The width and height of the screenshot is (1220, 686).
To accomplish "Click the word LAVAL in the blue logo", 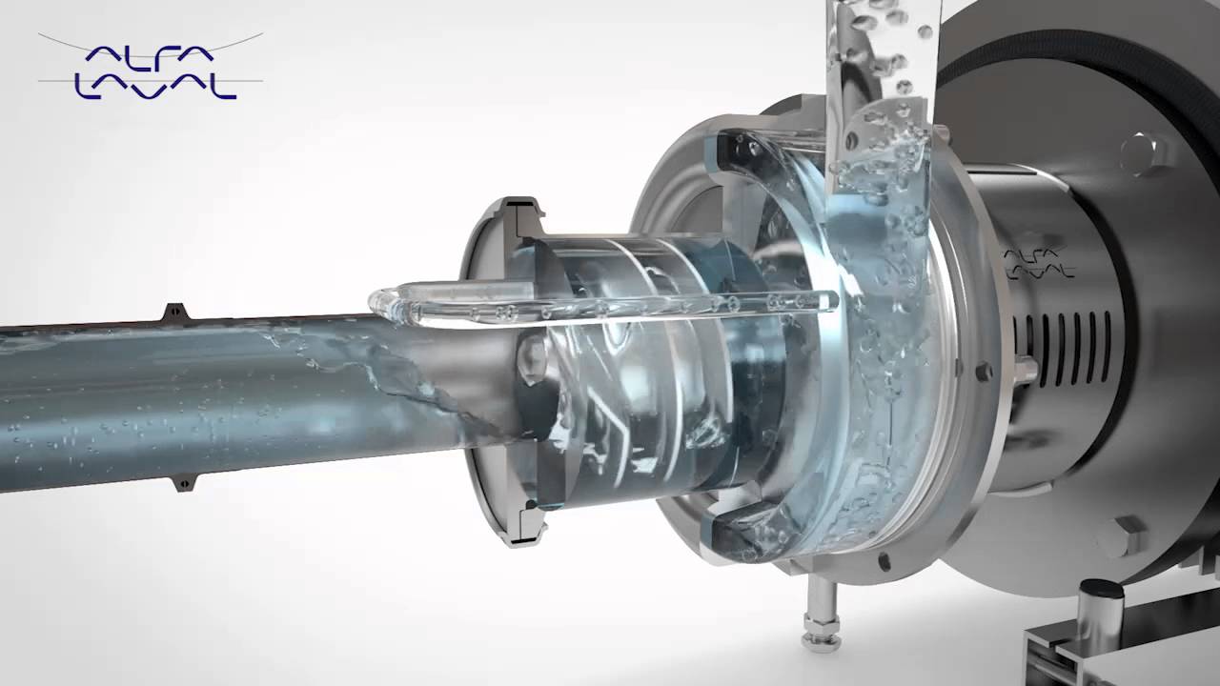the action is (155, 87).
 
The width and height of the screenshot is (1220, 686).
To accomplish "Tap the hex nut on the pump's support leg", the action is (822, 622).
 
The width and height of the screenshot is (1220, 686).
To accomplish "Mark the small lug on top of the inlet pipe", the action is (175, 312).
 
